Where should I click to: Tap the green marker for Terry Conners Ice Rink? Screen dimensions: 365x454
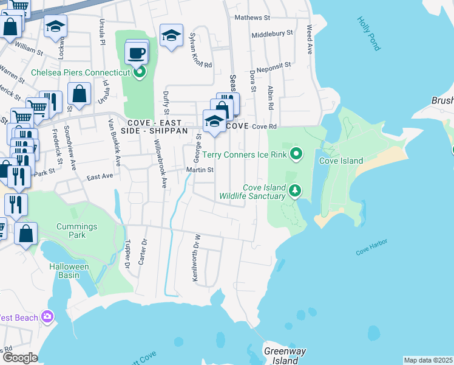[296, 154]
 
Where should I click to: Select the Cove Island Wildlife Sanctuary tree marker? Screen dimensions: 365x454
[295, 191]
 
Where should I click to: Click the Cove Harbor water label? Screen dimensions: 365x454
[371, 246]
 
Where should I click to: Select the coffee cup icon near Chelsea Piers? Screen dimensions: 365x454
[136, 52]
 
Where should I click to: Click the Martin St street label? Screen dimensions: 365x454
[200, 170]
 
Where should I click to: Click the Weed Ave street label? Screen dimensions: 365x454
[310, 39]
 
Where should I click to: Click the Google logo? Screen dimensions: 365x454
[20, 358]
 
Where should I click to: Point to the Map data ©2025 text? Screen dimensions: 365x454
[428, 360]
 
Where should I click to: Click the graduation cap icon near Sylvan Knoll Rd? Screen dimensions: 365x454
[171, 35]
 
